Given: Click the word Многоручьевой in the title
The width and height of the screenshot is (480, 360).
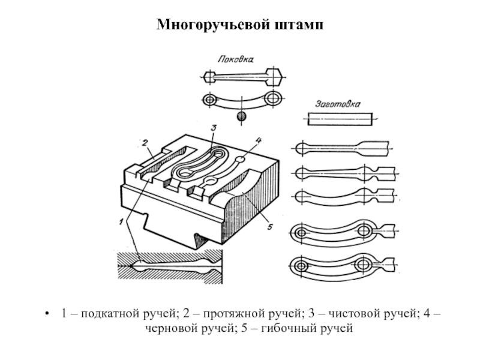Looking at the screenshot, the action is [x=214, y=25].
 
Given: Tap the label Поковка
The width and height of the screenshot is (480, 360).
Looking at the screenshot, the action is [x=236, y=59].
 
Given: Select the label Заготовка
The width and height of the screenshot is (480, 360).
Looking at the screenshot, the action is [x=338, y=104].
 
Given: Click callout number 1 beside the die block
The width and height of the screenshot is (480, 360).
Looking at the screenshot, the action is [x=122, y=221].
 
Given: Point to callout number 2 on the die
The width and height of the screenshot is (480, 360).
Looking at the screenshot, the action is [x=145, y=143].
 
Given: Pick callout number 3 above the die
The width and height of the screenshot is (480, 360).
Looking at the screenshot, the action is [x=214, y=127].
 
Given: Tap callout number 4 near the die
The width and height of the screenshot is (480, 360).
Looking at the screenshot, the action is [x=259, y=140].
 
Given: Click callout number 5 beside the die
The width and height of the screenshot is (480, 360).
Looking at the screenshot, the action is [x=269, y=227].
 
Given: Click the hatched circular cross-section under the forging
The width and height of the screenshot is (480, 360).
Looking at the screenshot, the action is [x=242, y=116].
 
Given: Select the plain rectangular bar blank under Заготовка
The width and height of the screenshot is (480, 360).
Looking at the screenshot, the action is [x=340, y=119].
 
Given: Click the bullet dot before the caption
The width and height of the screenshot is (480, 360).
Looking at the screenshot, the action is [x=47, y=314].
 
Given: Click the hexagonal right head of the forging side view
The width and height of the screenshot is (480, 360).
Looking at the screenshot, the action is [x=274, y=77].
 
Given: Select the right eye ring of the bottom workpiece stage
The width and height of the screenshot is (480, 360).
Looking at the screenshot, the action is [x=363, y=264].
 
